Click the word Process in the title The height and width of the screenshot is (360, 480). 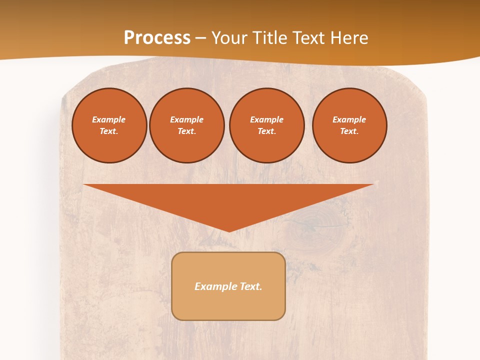click(x=157, y=38)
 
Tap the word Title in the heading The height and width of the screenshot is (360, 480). click(x=271, y=38)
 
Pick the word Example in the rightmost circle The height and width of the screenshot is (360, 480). click(x=349, y=119)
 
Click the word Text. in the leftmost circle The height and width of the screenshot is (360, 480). click(x=109, y=131)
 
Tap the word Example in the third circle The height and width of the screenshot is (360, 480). click(x=266, y=119)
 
